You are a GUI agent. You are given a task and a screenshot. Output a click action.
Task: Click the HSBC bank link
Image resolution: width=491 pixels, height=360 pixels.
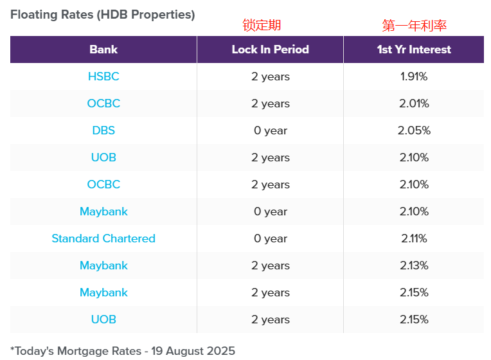103,76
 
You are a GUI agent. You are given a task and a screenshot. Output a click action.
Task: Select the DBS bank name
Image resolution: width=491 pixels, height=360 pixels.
103,130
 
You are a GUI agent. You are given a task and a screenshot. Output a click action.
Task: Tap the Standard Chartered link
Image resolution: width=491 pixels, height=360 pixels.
103,239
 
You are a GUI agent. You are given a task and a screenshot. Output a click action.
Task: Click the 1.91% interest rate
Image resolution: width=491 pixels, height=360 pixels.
414,76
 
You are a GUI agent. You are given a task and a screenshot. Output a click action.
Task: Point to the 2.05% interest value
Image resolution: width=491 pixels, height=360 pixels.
414,130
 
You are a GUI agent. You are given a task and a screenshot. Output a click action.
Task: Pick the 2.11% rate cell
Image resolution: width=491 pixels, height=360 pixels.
414,239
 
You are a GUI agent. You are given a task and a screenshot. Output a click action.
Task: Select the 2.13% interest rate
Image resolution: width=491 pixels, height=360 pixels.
414,265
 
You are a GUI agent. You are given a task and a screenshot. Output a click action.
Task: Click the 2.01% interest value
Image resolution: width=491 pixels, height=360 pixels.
414,104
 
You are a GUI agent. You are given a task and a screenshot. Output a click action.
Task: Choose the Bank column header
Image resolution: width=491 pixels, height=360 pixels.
103,50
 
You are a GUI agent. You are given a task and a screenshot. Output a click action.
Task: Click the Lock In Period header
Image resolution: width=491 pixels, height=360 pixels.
271,50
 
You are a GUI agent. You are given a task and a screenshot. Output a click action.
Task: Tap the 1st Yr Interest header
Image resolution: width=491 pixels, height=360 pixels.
414,50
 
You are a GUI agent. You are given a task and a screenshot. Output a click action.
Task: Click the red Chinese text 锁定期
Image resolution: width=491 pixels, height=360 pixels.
262,25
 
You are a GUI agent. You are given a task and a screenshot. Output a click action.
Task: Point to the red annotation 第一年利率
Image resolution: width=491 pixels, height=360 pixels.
414,26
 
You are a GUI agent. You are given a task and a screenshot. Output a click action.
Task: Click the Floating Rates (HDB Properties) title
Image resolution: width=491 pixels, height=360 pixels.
103,14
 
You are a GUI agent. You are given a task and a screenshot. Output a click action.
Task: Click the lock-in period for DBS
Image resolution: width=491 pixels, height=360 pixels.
271,130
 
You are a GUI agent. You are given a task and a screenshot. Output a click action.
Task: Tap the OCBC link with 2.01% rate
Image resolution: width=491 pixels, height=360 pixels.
103,104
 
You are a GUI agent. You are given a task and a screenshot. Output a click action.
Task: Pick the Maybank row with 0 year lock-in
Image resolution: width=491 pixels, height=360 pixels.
103,212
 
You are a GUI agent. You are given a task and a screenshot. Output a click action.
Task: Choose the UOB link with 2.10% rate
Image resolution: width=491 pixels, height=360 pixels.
103,157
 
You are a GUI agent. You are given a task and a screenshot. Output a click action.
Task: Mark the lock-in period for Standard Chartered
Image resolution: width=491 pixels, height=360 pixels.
271,239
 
